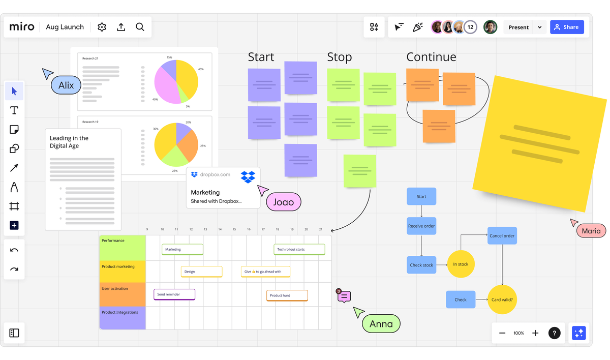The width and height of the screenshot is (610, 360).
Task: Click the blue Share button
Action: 567,27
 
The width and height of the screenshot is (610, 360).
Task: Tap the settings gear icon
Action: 102,27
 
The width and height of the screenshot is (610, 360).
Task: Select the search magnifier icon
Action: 140,27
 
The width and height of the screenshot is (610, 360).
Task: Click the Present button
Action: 518,27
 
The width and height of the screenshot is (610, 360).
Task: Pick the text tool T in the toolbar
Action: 14,110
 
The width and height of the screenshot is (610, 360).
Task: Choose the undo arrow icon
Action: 14,250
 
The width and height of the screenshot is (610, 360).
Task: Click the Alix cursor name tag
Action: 66,85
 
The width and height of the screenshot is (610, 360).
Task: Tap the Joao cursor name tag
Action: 284,202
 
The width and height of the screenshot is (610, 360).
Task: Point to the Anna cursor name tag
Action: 381,324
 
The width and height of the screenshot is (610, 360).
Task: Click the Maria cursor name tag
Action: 591,231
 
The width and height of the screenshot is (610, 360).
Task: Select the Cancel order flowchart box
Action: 502,235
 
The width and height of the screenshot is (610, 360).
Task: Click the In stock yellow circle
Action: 461,264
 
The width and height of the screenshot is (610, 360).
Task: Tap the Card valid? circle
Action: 502,299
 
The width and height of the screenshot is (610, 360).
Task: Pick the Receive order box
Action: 421,226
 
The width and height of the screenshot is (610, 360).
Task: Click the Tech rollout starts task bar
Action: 299,249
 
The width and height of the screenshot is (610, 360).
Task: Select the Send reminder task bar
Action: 174,294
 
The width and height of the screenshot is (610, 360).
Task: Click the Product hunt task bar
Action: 287,295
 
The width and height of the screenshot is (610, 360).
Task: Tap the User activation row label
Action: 115,288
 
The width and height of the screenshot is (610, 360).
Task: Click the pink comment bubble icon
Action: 344,296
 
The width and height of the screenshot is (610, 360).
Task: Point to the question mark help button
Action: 554,333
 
